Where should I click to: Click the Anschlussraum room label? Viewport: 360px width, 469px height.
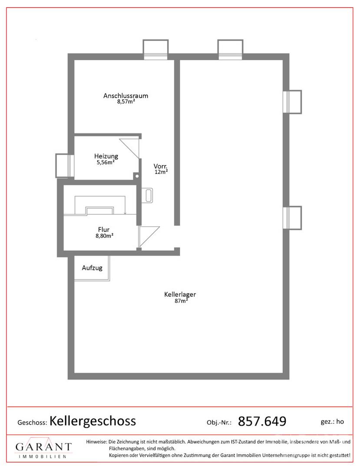(x=126, y=96)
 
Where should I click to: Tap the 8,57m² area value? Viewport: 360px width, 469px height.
(x=126, y=102)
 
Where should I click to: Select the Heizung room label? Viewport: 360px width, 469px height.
(x=106, y=156)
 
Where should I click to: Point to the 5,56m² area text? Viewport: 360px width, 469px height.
(x=106, y=162)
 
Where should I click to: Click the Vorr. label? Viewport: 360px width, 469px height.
(x=161, y=166)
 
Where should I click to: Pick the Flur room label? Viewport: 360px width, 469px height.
(x=104, y=229)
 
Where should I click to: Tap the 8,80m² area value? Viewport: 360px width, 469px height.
(x=104, y=236)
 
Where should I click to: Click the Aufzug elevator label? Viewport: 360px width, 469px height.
(x=92, y=268)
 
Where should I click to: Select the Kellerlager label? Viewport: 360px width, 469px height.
(x=180, y=294)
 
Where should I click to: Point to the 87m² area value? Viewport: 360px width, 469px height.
(x=181, y=301)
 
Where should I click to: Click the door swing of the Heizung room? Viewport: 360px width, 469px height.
(x=129, y=148)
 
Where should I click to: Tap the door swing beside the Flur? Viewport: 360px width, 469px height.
(x=149, y=237)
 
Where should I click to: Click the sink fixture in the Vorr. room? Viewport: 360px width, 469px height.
(x=147, y=195)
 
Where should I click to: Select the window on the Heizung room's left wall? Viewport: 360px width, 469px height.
(x=65, y=166)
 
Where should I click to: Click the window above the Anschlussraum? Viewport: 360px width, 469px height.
(x=155, y=50)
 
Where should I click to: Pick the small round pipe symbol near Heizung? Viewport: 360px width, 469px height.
(x=137, y=176)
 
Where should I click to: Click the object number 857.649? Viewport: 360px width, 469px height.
(x=262, y=421)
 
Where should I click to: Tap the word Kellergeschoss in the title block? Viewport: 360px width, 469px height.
(x=92, y=421)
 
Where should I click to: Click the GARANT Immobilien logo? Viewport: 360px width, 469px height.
(x=44, y=448)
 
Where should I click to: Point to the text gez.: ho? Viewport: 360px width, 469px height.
(x=332, y=422)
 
